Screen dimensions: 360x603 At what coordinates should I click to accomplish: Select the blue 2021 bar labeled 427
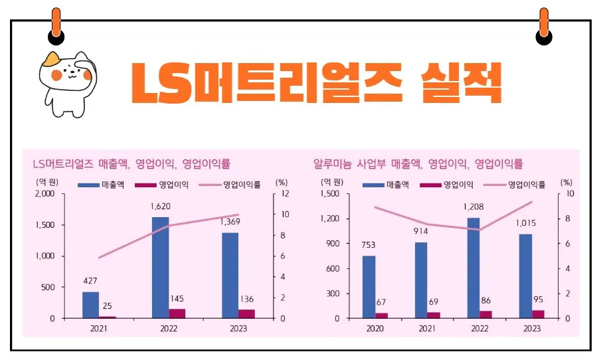click(91, 305)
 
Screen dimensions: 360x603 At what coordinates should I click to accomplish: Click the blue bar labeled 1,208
click(474, 268)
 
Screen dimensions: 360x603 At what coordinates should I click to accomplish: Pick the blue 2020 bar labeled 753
click(369, 287)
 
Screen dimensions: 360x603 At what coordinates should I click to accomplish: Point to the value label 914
click(421, 231)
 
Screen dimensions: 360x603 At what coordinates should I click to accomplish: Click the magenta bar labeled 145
click(177, 314)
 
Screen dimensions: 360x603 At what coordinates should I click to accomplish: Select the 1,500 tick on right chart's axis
click(330, 194)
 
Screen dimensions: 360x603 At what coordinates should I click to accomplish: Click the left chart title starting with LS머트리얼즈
click(131, 163)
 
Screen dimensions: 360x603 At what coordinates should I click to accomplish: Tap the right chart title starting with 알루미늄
click(418, 163)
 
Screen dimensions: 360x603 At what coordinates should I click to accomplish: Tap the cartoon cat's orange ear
click(49, 61)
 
